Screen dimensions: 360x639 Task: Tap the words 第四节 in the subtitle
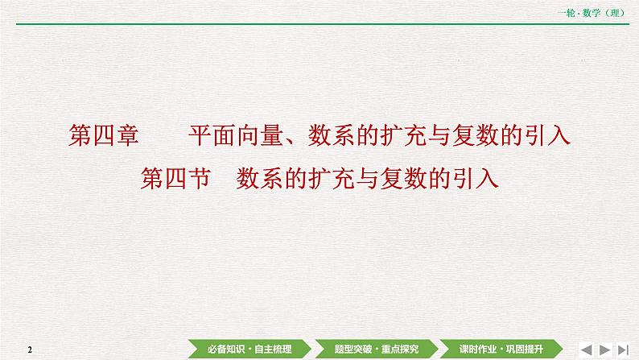(175, 177)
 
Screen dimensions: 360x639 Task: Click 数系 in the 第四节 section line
(262, 177)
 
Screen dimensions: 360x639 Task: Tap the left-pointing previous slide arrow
(586, 349)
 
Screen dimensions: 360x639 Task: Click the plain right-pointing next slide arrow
(605, 349)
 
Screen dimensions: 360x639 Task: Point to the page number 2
(29, 350)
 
